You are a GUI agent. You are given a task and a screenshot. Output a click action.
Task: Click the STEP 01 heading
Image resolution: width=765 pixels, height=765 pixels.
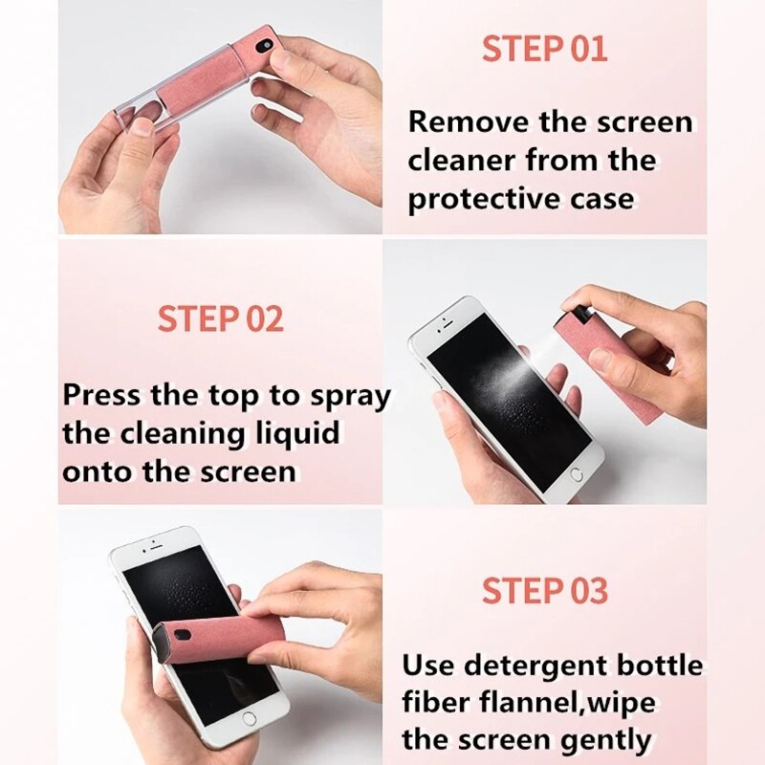click(544, 49)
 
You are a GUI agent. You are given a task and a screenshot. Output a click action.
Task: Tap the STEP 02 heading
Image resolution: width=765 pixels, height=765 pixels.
click(221, 319)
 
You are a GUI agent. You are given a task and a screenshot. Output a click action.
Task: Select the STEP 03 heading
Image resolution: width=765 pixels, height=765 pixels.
click(544, 591)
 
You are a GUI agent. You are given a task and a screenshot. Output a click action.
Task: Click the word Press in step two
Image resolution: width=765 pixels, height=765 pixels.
click(104, 395)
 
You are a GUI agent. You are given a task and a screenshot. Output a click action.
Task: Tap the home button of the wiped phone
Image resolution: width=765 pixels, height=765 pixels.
click(250, 717)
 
